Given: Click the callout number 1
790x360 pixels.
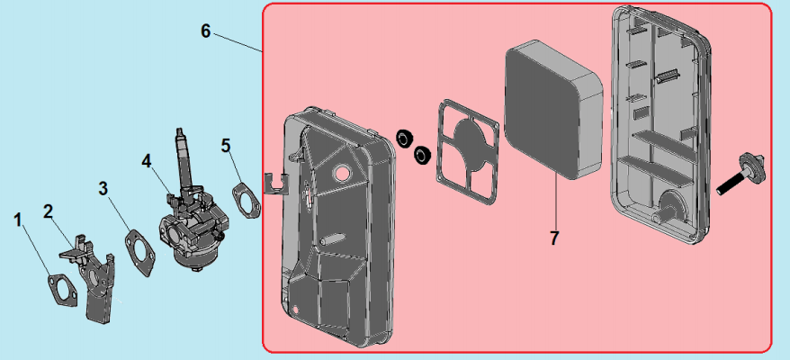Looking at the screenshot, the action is (x=18, y=220).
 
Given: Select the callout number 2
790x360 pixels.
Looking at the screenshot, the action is (x=48, y=211).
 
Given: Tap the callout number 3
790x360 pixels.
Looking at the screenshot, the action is (x=103, y=189).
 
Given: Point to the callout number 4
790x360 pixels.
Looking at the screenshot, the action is (x=146, y=161).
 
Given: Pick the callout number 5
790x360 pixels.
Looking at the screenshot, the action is (x=225, y=145).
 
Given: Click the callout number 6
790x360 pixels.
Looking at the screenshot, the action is (x=205, y=31).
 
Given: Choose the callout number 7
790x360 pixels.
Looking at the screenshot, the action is (x=554, y=238).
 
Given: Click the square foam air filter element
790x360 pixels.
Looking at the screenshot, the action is (x=553, y=112).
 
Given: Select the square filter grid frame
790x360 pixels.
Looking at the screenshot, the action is (x=467, y=152).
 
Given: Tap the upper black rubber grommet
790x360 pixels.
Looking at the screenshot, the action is (x=405, y=138).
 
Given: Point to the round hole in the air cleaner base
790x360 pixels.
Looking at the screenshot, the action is (x=343, y=171).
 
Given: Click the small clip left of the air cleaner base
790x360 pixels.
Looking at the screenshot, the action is (x=275, y=183).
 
